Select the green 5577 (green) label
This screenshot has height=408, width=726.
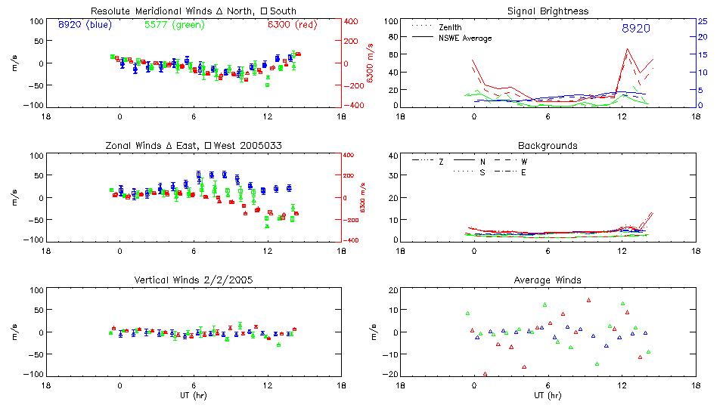(171, 25)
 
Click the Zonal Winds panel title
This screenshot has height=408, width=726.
(192, 145)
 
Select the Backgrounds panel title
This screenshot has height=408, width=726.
(548, 145)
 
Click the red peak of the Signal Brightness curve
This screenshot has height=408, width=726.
(627, 49)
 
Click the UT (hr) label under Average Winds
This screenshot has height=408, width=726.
(548, 394)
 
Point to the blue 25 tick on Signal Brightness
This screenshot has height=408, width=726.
(702, 21)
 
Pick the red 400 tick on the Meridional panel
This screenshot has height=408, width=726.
(352, 21)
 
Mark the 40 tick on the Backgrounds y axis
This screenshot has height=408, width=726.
(393, 156)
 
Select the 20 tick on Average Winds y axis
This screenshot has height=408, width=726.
(393, 290)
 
